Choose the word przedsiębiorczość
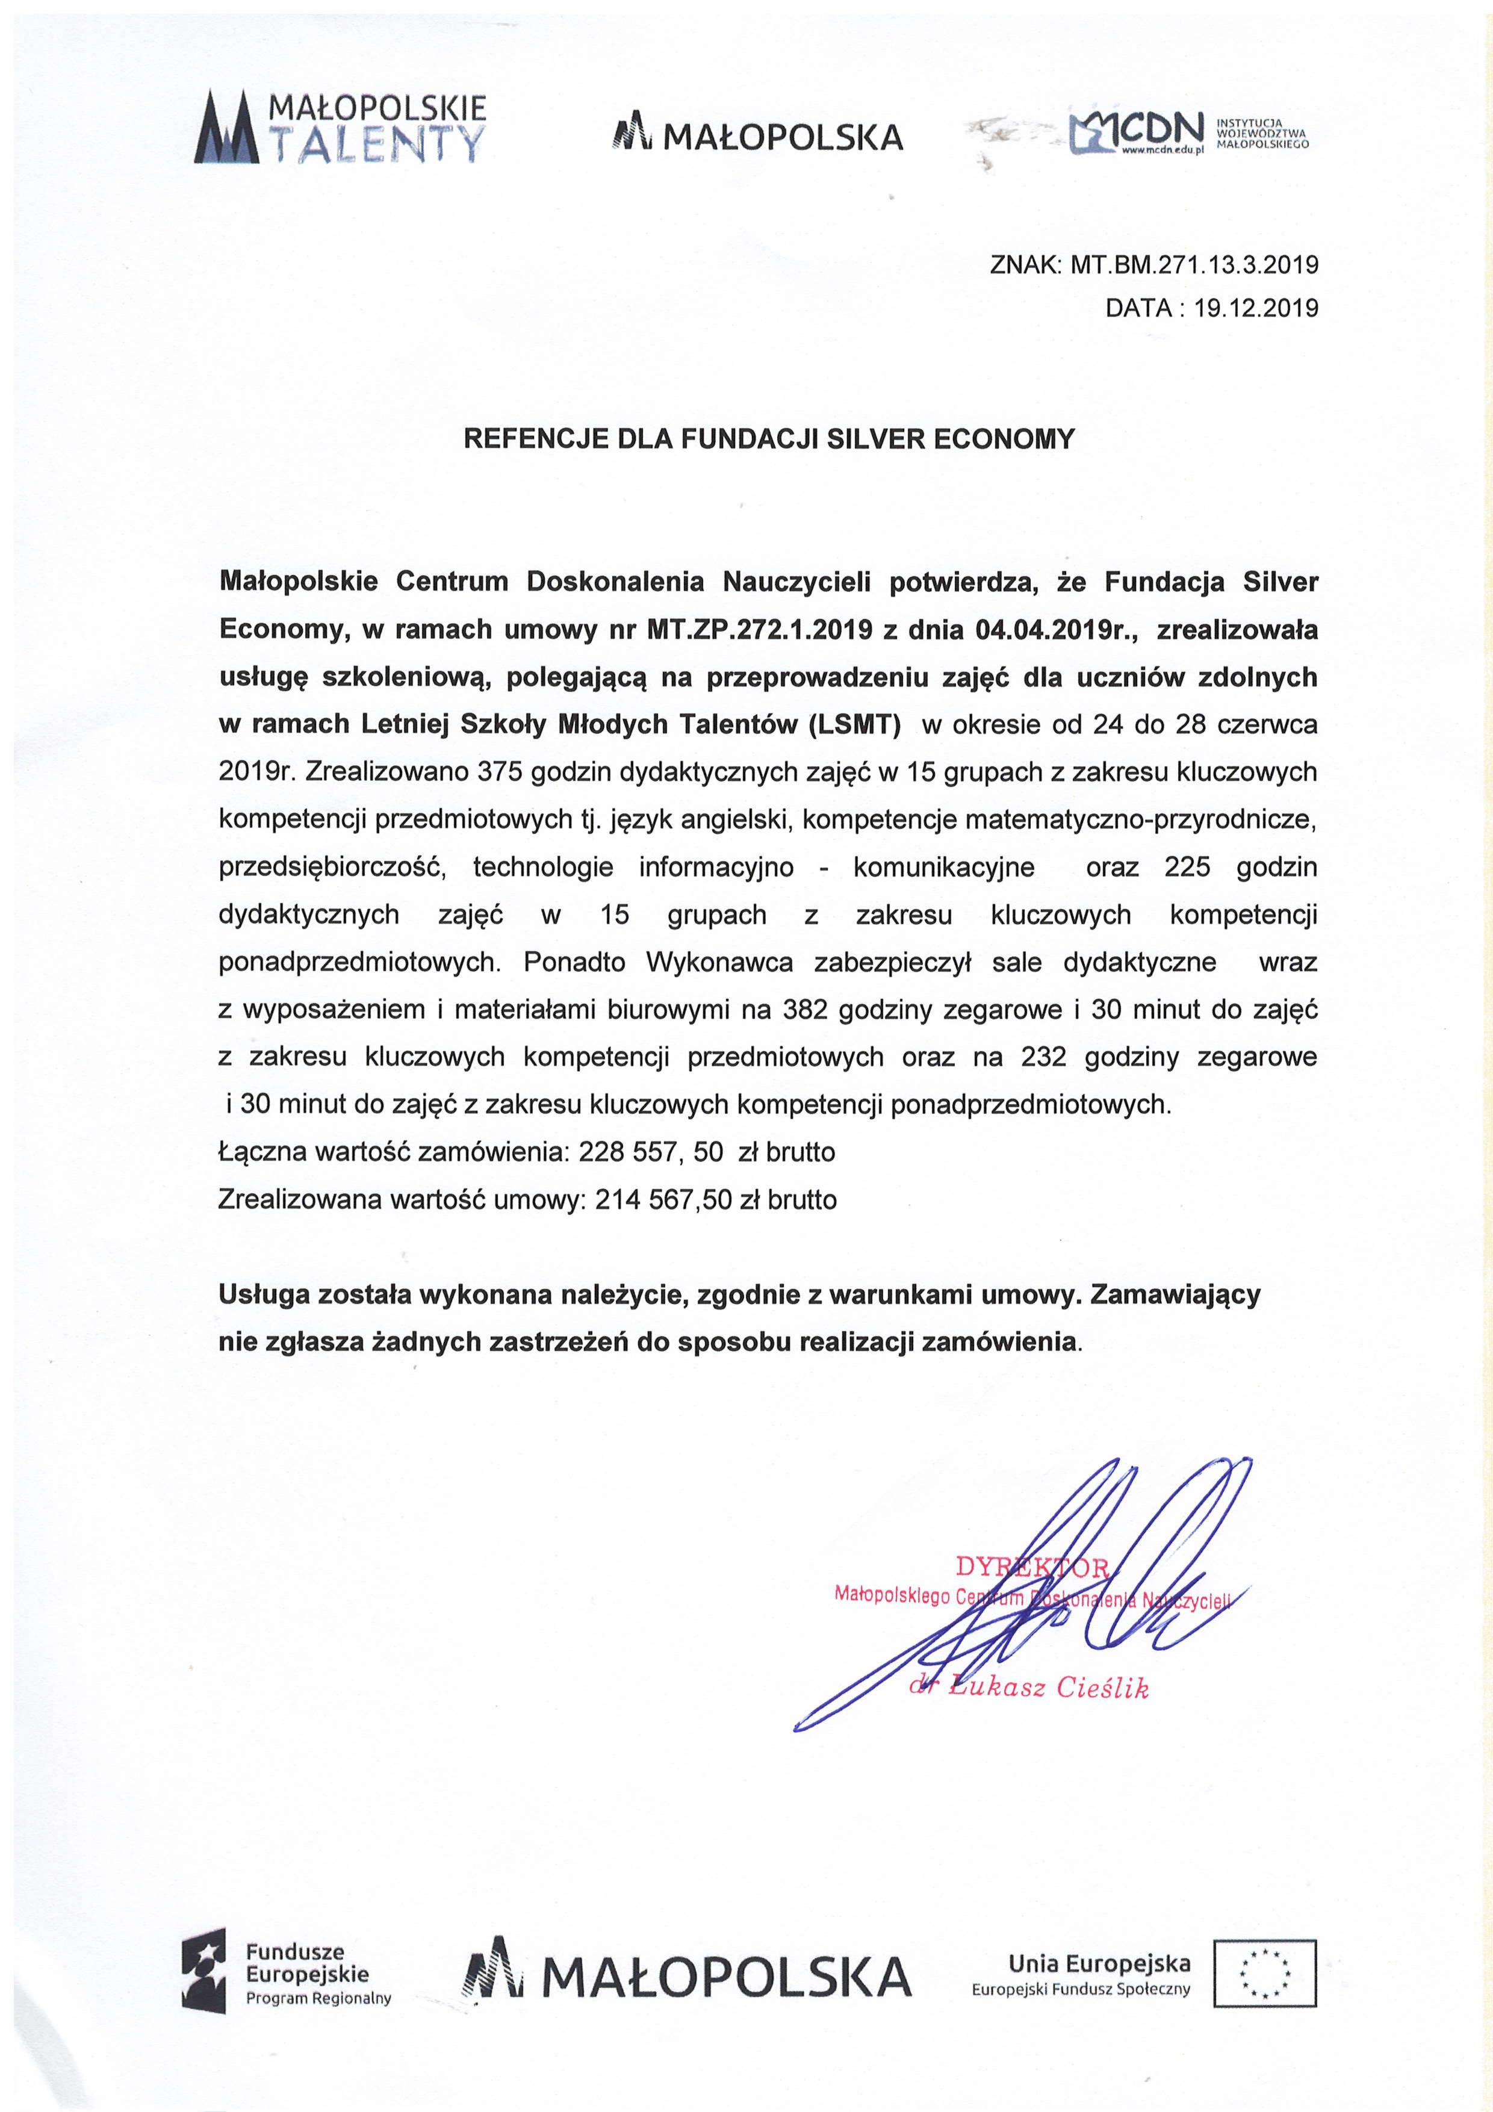(x=332, y=866)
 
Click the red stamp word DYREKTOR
(x=1032, y=1567)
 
